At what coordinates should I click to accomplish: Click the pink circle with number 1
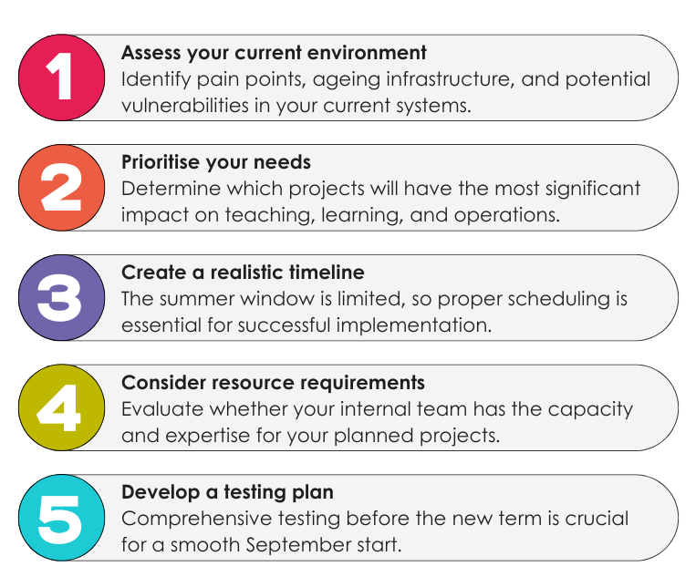(62, 77)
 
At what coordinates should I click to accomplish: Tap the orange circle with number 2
(62, 188)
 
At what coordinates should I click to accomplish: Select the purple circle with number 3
(62, 298)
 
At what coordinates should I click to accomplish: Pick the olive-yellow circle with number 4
(62, 407)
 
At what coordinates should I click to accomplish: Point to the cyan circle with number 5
(62, 518)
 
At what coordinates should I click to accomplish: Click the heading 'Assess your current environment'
(274, 53)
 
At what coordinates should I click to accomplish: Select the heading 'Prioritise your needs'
(216, 163)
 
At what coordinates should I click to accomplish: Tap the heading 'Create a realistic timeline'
(243, 273)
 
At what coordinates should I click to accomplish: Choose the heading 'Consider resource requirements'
(273, 383)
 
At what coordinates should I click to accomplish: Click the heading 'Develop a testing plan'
(227, 492)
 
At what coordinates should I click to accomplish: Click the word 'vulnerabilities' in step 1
(185, 106)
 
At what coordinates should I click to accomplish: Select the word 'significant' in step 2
(593, 190)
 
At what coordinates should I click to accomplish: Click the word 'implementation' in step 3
(414, 325)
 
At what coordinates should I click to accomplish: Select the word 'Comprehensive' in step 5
(197, 520)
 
